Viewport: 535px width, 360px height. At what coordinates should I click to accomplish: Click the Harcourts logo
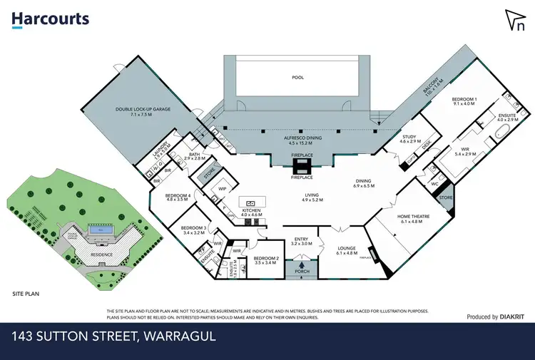[50, 19]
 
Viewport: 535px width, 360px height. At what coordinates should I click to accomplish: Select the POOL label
[297, 78]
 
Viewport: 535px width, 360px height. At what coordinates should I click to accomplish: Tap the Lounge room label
[339, 250]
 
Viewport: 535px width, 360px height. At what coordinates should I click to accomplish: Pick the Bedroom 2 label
[265, 260]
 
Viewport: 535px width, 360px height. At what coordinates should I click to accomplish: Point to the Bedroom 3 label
[193, 230]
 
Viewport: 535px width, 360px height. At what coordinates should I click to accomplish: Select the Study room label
[409, 139]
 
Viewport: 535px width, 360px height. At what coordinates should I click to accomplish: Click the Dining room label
[365, 182]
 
